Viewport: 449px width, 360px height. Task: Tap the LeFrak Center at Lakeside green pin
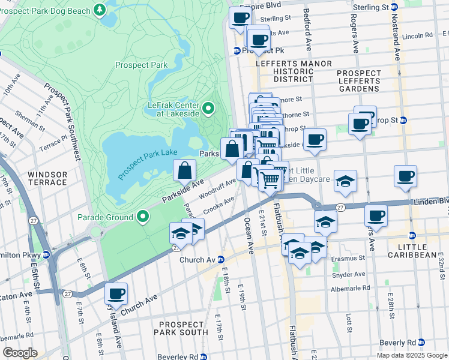(x=208, y=108)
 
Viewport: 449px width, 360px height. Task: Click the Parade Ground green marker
(x=143, y=216)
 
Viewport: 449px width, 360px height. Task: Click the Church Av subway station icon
(x=221, y=260)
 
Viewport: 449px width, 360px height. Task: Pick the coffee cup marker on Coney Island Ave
(x=116, y=294)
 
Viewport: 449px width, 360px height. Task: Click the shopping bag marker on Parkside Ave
(x=184, y=171)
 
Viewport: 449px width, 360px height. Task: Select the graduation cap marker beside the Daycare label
(x=345, y=181)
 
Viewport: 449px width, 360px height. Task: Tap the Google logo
(x=19, y=353)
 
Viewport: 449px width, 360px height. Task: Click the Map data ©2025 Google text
(x=412, y=355)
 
